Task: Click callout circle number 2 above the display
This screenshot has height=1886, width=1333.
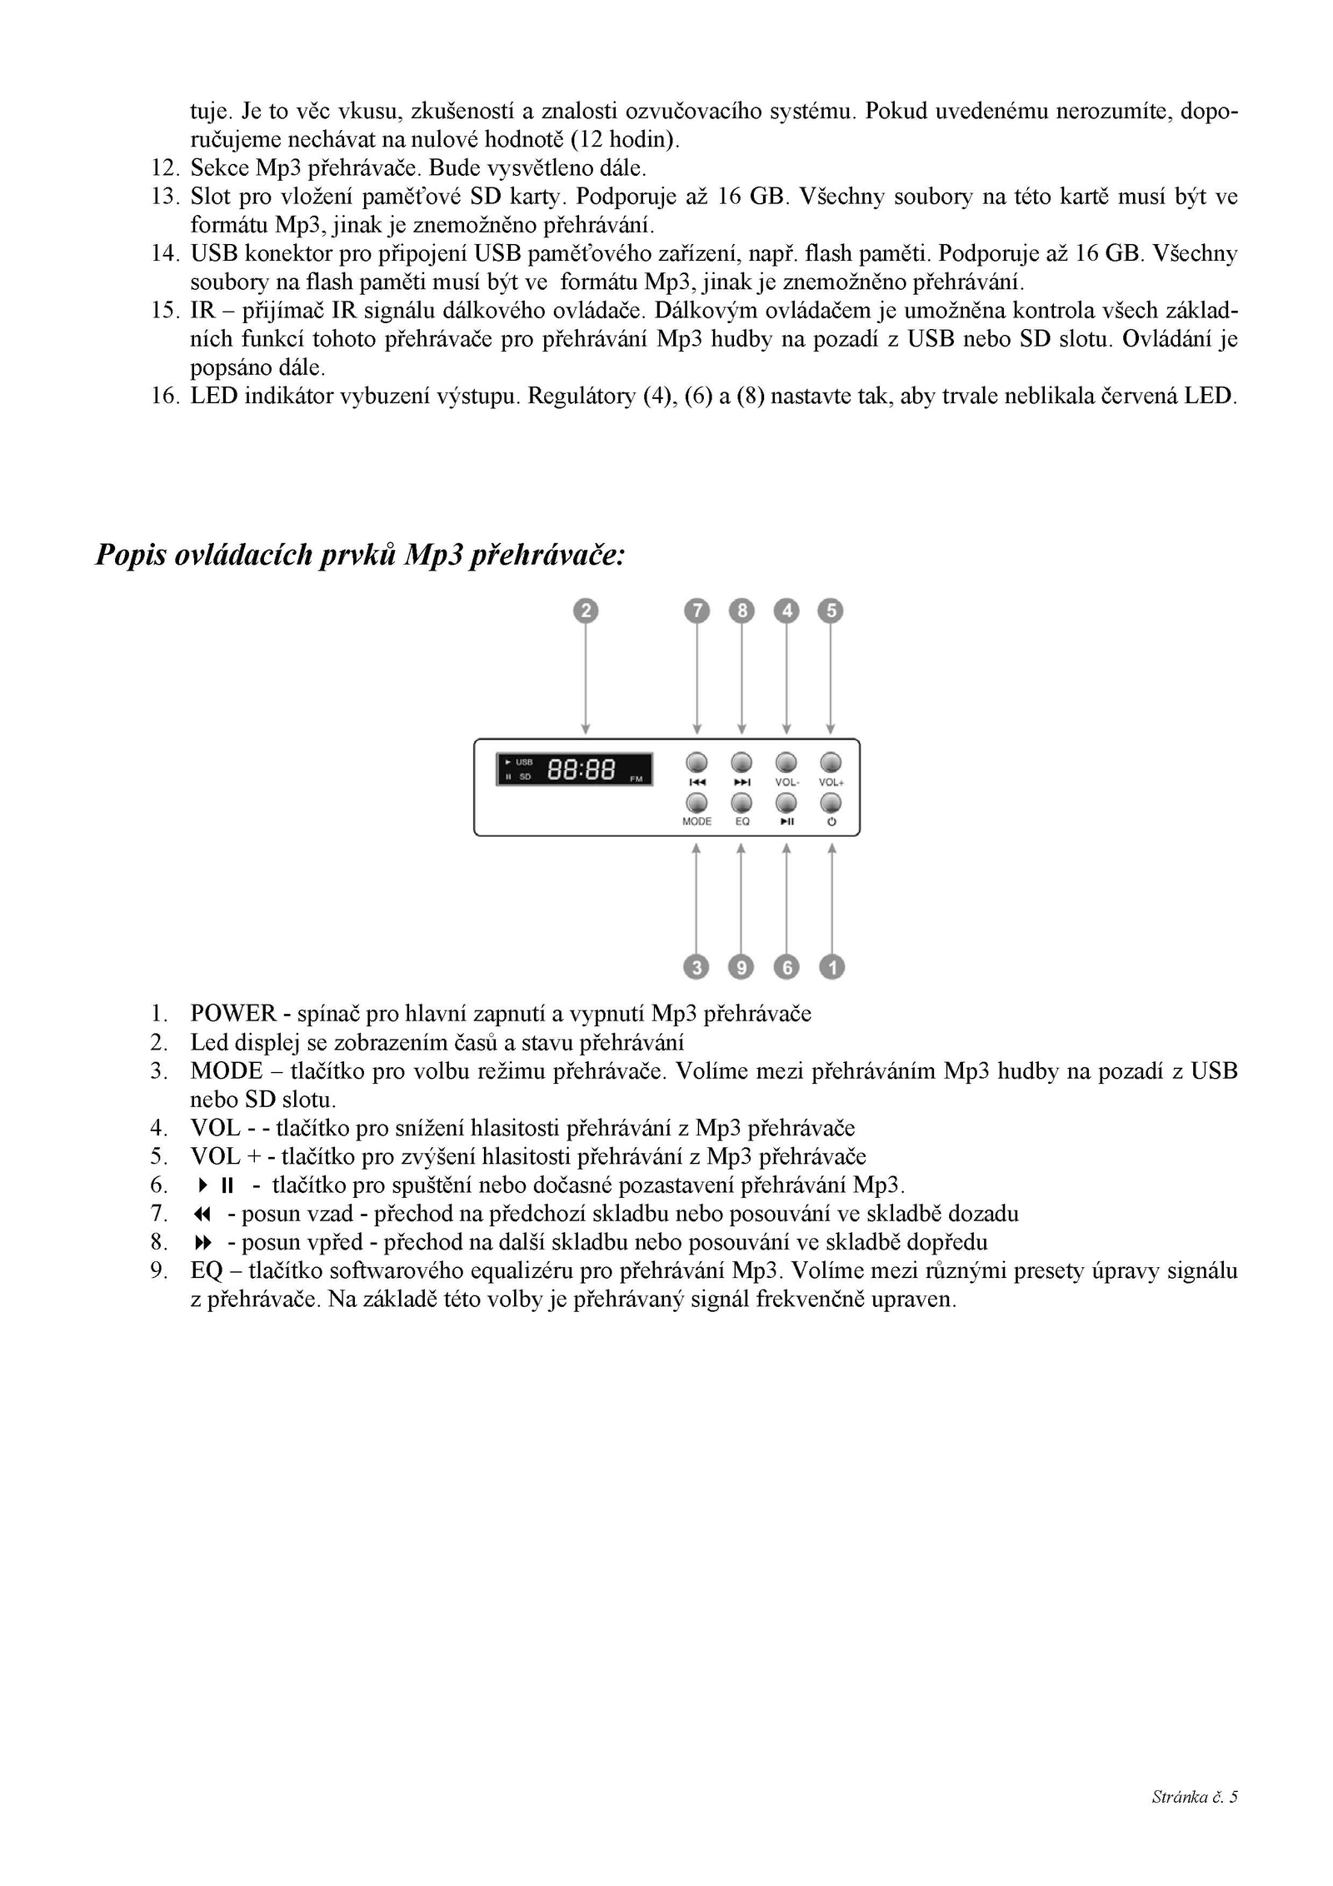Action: [586, 611]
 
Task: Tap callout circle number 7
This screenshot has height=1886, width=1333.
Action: [696, 611]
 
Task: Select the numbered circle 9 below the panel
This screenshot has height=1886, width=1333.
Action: [741, 966]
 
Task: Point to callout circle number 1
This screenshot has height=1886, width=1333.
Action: [831, 966]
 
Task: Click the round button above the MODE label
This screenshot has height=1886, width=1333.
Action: [696, 802]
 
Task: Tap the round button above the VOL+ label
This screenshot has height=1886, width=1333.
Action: [831, 762]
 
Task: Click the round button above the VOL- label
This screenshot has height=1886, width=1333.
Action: [786, 762]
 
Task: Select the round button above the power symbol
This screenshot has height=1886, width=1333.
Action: [831, 802]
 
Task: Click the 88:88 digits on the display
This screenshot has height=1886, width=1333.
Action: [581, 770]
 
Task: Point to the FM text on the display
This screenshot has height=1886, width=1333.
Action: [637, 779]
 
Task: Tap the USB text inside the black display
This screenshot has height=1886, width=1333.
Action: [524, 762]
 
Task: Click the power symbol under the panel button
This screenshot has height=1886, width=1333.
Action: [831, 821]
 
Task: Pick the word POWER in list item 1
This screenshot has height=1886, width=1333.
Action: [232, 1013]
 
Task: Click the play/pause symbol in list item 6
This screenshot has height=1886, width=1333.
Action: [216, 1185]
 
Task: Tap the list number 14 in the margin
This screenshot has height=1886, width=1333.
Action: [163, 253]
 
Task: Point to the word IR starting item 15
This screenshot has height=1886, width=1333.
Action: [202, 311]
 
